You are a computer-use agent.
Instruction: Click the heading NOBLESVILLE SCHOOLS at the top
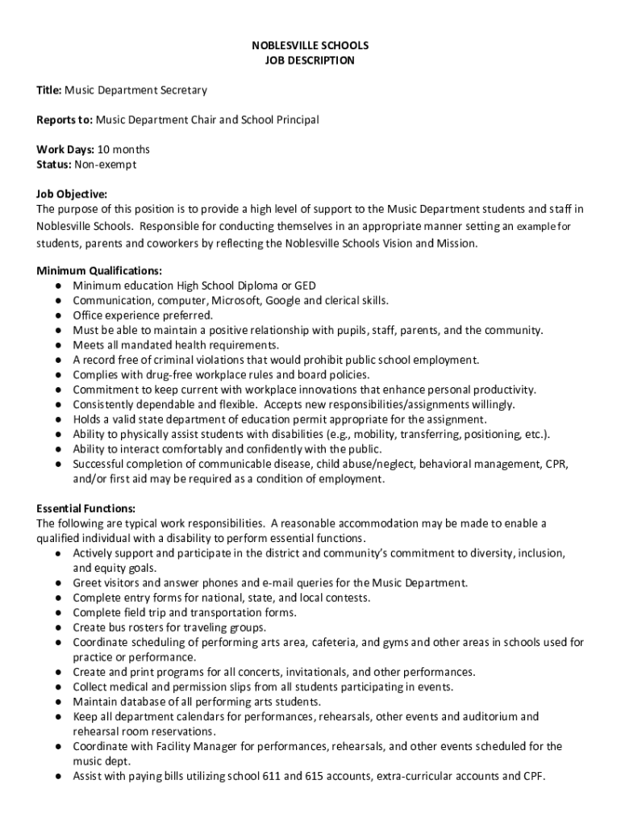pos(310,46)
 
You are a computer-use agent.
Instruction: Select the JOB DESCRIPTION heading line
pos(310,60)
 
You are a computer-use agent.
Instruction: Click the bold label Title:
pos(49,90)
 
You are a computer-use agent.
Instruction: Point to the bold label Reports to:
pos(65,120)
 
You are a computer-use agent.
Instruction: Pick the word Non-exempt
pos(106,165)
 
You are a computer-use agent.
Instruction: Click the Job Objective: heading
pos(72,194)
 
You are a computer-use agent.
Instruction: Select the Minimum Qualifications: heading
pos(99,271)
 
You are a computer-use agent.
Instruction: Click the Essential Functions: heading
pos(86,508)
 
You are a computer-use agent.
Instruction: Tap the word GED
pos(304,286)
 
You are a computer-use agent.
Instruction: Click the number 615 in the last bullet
pos(315,776)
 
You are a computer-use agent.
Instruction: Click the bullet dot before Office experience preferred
pos(60,315)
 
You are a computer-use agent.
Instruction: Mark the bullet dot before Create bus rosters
pos(60,628)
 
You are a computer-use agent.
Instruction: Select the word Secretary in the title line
pos(183,90)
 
